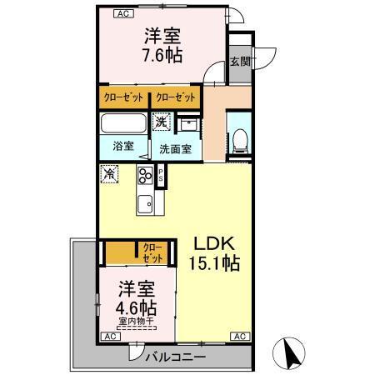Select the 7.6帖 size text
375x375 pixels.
(x=163, y=56)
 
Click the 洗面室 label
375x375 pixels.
(x=176, y=150)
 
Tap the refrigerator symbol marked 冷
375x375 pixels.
(x=109, y=175)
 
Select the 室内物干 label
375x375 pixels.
(x=138, y=321)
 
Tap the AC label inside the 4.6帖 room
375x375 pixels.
(x=109, y=337)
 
